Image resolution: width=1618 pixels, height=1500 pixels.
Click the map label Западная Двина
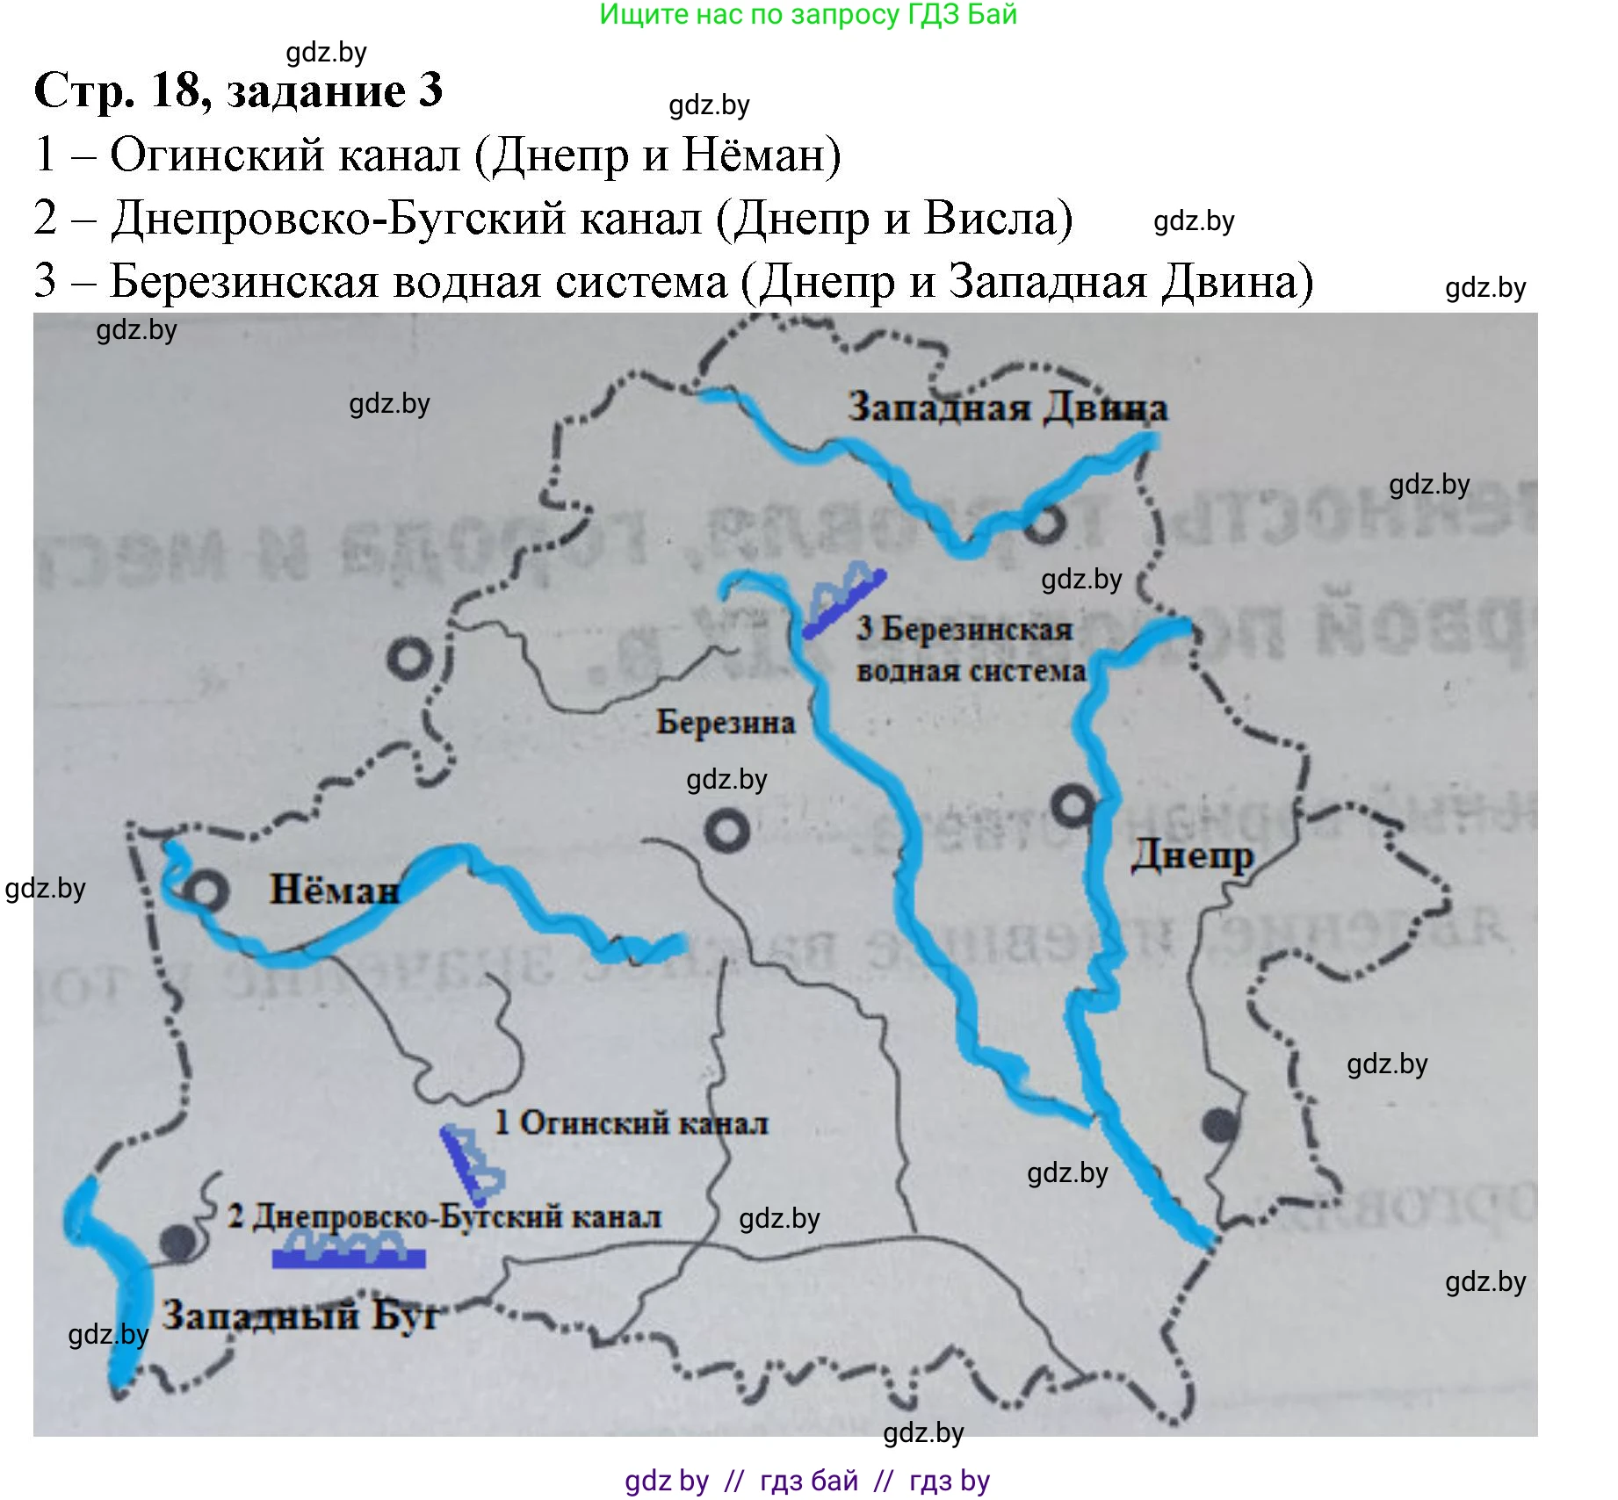(x=1007, y=408)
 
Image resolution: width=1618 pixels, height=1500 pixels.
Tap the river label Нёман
(x=334, y=890)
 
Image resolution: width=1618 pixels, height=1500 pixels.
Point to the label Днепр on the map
(x=1191, y=855)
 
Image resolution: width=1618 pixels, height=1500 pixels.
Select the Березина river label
(x=726, y=723)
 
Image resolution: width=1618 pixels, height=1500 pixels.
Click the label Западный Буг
(x=300, y=1315)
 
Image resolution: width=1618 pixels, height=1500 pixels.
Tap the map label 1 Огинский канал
(x=631, y=1123)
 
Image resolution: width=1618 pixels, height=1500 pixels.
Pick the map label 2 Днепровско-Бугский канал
(x=444, y=1217)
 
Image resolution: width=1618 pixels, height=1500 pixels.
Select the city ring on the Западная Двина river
(x=1044, y=523)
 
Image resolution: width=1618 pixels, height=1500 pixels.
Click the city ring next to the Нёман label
(x=208, y=891)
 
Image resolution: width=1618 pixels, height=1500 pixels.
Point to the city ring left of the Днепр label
(x=1073, y=804)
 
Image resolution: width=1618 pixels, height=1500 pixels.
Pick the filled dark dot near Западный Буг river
(x=178, y=1241)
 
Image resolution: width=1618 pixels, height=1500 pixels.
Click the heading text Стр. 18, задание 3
(x=238, y=90)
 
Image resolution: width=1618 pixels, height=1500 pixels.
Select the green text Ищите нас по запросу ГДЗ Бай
(x=807, y=15)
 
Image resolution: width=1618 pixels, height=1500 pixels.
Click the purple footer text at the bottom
(x=807, y=1481)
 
